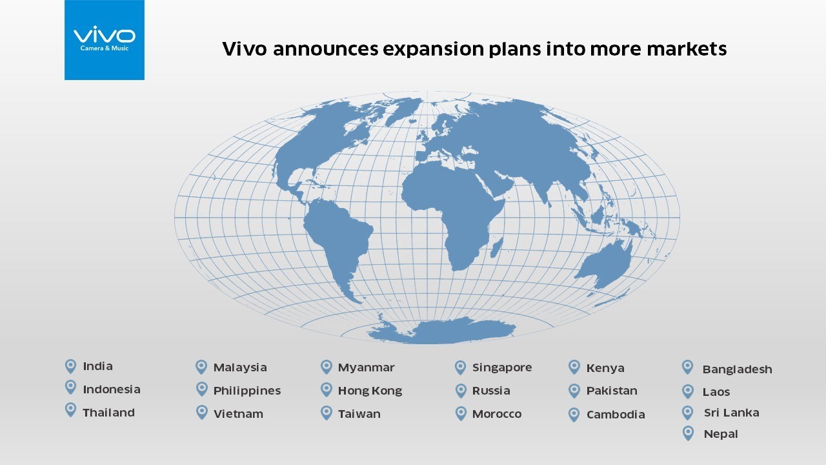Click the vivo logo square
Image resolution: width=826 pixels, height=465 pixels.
(105, 40)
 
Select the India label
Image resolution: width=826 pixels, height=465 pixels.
(97, 366)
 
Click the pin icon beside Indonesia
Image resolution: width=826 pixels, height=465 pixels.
(70, 387)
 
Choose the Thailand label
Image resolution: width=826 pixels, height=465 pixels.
(108, 413)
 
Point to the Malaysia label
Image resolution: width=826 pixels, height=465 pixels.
(239, 367)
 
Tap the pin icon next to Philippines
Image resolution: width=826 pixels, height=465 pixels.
(201, 389)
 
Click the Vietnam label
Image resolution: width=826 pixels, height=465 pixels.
(238, 414)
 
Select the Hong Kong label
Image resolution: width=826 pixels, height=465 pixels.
(370, 391)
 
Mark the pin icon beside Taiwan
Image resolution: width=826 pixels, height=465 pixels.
(326, 413)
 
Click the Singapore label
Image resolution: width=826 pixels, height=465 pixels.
(501, 367)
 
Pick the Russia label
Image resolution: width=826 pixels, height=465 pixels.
(490, 391)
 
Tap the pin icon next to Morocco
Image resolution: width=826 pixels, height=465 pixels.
(460, 413)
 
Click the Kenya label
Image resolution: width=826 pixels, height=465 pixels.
(605, 368)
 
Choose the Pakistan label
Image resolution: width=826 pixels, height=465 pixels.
(612, 391)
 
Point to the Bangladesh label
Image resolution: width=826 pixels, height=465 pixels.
(737, 369)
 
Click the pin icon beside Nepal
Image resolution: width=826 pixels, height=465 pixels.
(688, 433)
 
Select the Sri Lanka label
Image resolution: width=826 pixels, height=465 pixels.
(731, 413)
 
